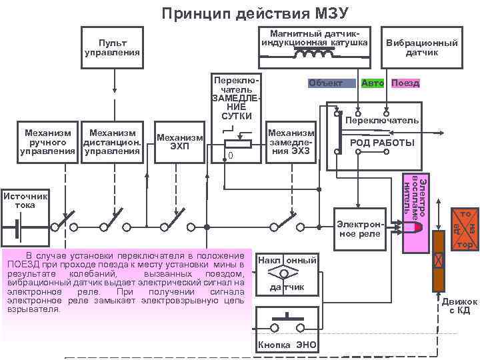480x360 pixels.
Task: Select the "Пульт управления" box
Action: pyautogui.click(x=112, y=47)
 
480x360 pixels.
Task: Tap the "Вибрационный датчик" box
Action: pyautogui.click(x=422, y=47)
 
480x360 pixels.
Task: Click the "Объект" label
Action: pyautogui.click(x=326, y=83)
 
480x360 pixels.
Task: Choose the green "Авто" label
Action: pyautogui.click(x=373, y=83)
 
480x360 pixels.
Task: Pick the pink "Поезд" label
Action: pyautogui.click(x=405, y=83)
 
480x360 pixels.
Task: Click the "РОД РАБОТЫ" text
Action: pyautogui.click(x=382, y=143)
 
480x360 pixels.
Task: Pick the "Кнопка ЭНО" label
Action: pyautogui.click(x=287, y=345)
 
